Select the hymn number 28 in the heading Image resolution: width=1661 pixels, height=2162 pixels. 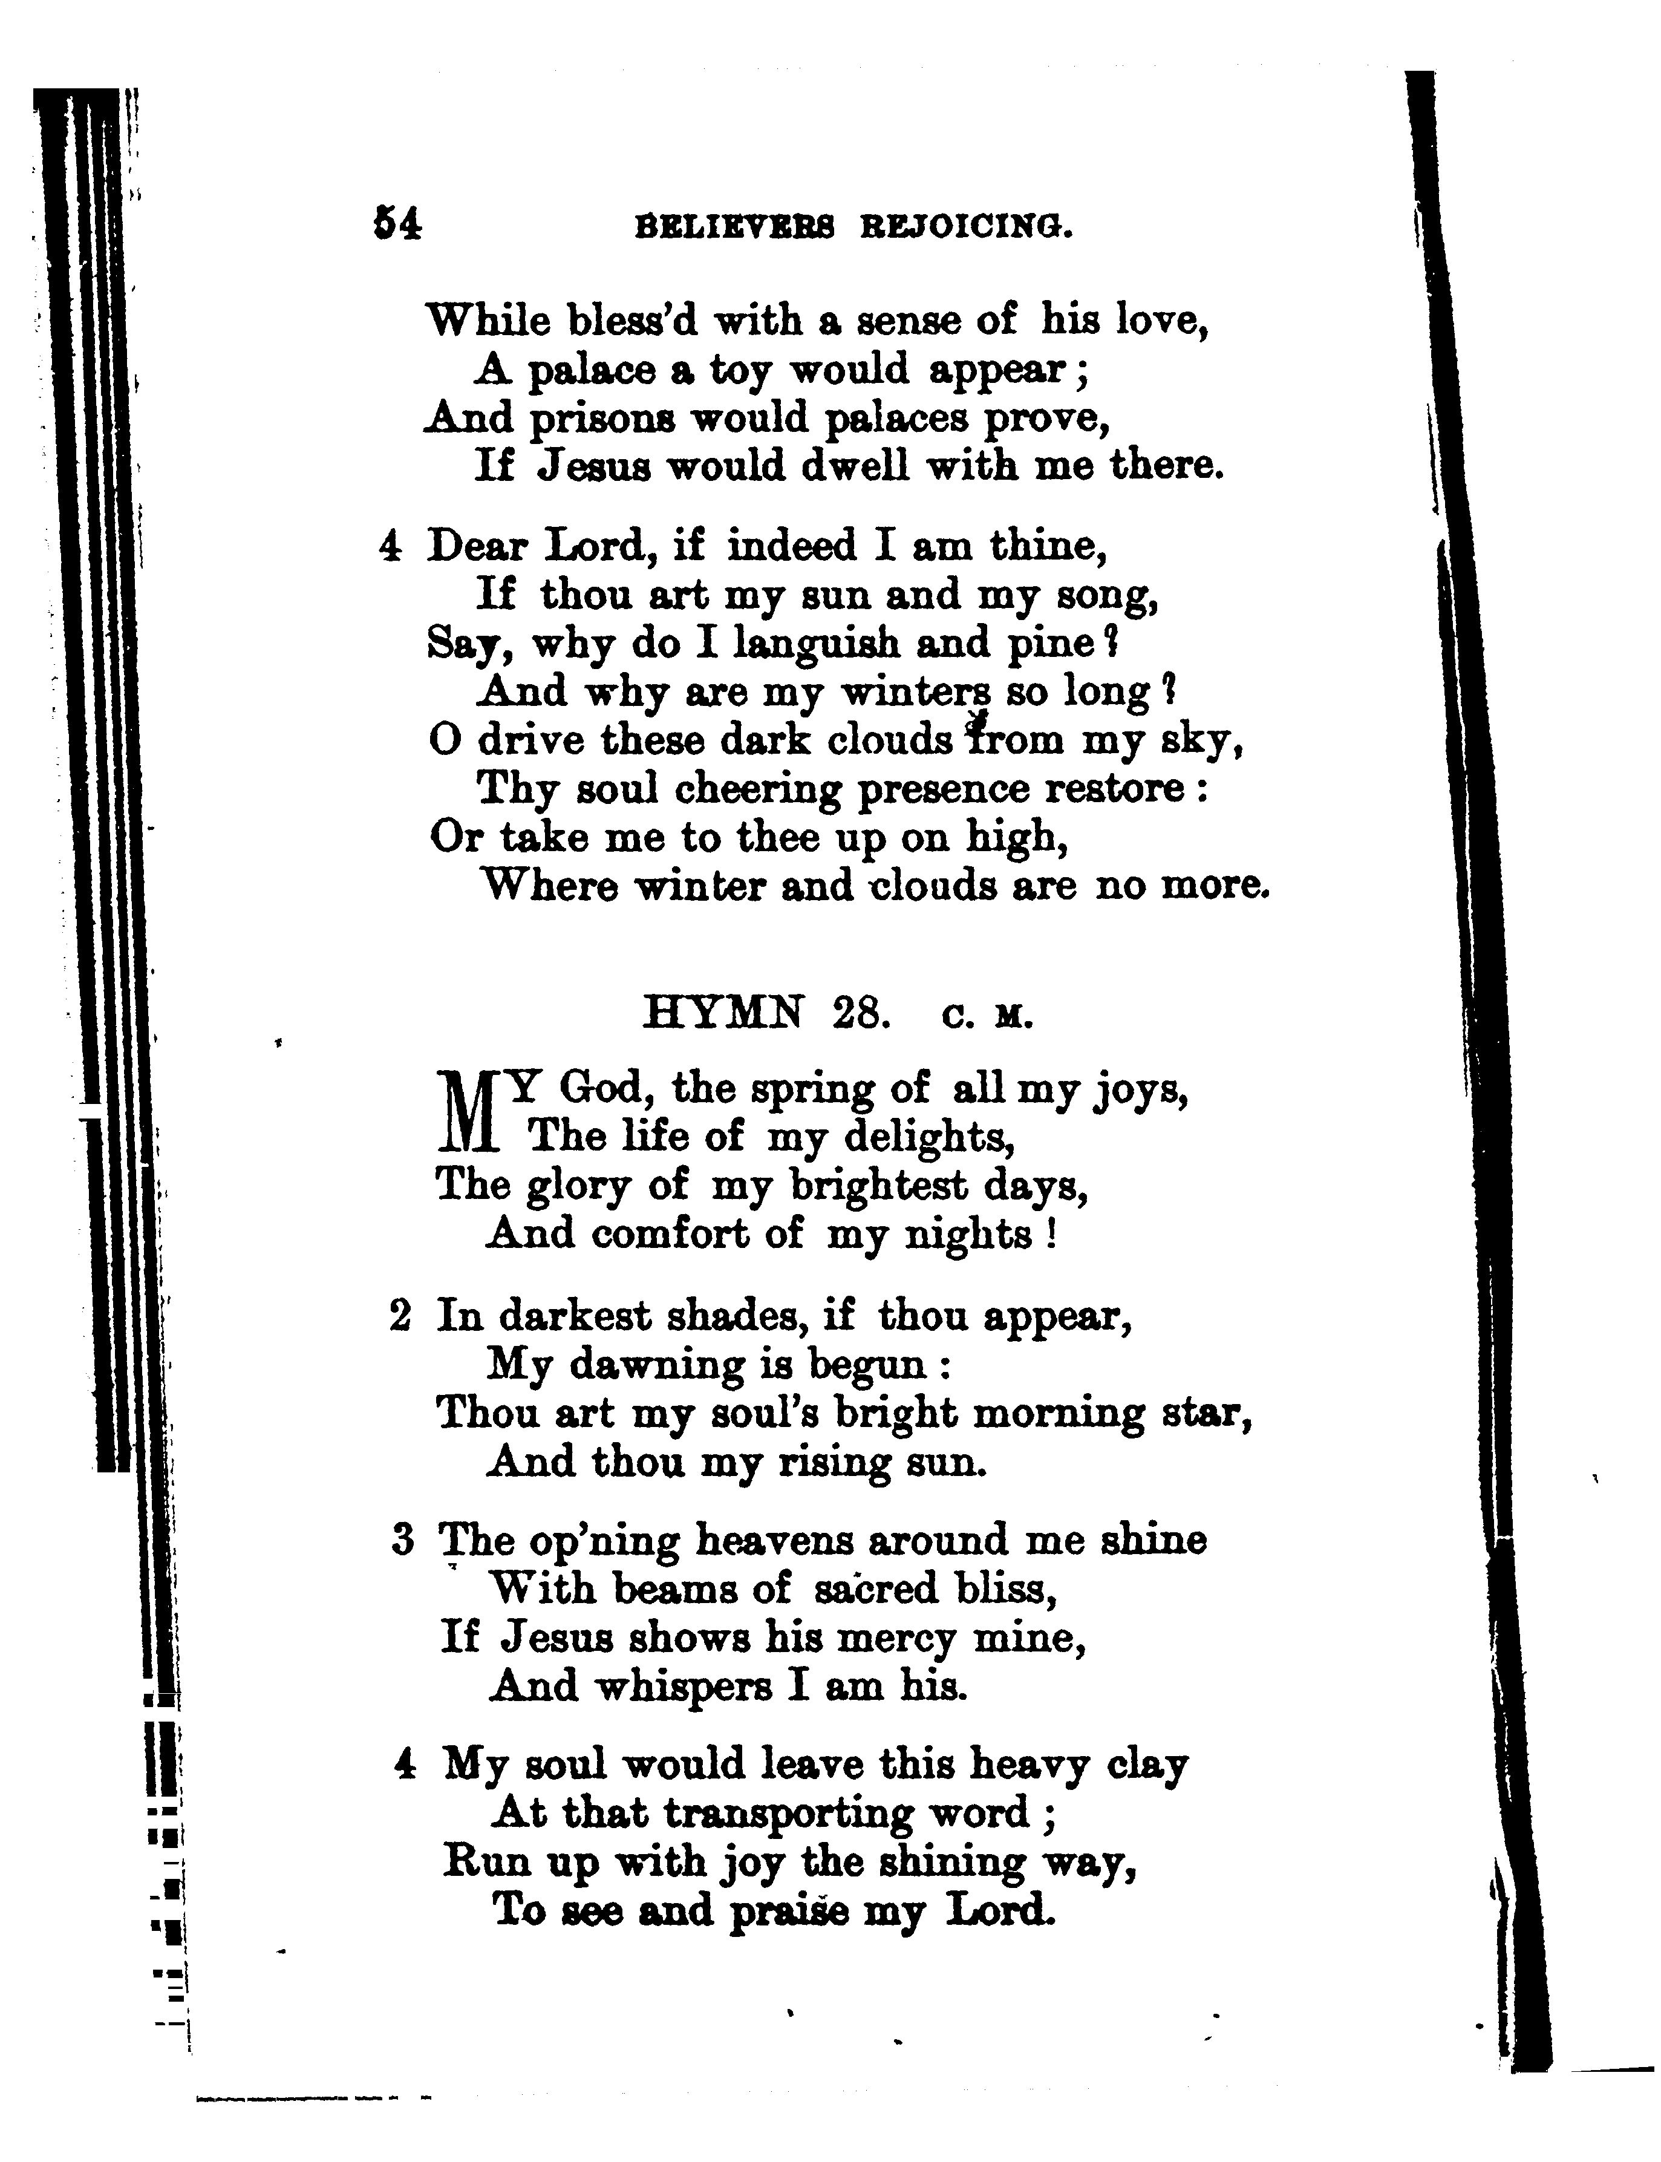[x=858, y=1014]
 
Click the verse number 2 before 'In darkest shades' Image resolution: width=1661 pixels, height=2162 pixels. [x=399, y=1317]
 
